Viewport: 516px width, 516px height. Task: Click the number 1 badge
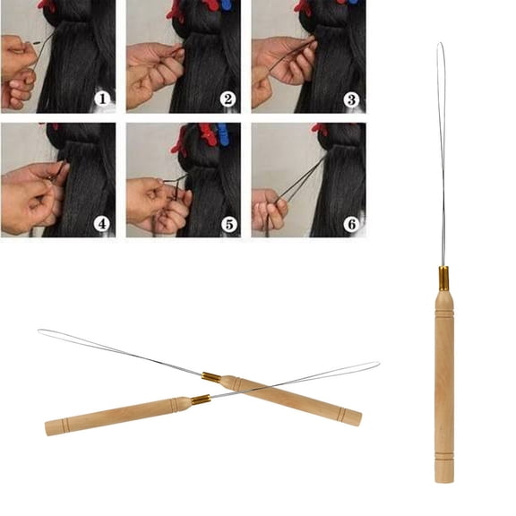tap(103, 98)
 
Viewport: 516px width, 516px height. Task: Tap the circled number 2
tap(228, 98)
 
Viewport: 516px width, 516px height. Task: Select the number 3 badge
tap(352, 98)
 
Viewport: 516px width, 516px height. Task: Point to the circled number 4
tap(103, 224)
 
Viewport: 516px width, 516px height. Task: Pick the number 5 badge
tap(228, 224)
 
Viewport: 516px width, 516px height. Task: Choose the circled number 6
tap(352, 224)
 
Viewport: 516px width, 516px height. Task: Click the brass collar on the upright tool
tap(443, 278)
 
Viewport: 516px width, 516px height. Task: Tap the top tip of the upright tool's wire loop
tap(440, 45)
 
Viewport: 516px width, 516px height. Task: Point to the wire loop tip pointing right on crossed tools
tap(377, 364)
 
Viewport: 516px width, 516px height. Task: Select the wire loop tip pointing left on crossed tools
tap(40, 331)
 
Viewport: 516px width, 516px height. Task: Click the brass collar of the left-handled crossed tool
tap(201, 400)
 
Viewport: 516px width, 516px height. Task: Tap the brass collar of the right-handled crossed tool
tap(211, 377)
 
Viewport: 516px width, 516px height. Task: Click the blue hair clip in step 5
tap(222, 134)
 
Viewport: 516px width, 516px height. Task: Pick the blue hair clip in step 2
tap(225, 4)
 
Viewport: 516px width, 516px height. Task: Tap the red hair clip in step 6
tap(319, 129)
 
